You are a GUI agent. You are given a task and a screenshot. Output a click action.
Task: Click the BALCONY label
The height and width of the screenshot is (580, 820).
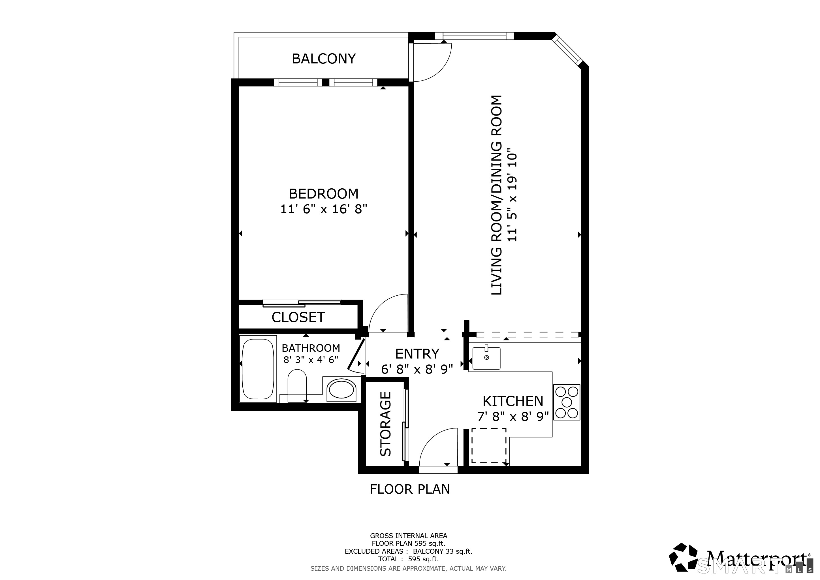point(324,59)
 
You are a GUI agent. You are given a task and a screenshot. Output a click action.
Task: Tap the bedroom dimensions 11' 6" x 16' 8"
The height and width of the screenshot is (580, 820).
point(324,209)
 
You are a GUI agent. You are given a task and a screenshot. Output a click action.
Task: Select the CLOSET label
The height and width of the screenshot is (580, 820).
point(298,317)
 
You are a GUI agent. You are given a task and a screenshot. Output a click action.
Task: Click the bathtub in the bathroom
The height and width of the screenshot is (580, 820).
point(258,369)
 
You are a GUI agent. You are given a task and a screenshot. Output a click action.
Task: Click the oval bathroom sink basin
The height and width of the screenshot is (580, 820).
point(341,390)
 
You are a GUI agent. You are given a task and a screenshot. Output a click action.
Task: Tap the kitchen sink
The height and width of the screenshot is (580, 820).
point(486,358)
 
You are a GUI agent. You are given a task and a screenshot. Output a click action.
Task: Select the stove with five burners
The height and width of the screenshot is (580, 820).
point(566,402)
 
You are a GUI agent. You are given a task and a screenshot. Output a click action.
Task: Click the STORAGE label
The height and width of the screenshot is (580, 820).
point(386,424)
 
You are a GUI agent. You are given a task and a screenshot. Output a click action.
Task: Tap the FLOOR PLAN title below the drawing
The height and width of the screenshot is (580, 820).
point(410,489)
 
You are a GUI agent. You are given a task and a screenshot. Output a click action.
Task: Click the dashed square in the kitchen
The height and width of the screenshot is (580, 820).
point(488,446)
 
